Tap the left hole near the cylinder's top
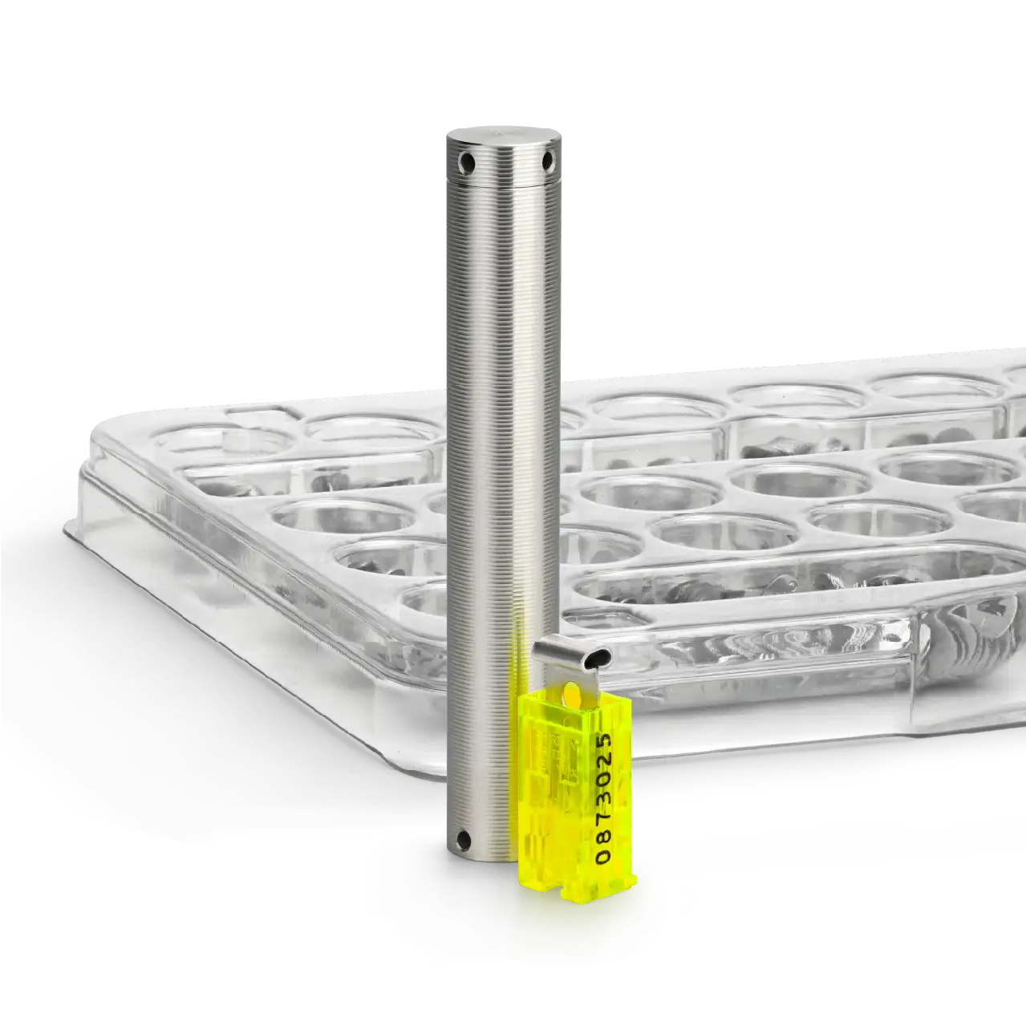(468, 160)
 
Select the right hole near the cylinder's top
(547, 159)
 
